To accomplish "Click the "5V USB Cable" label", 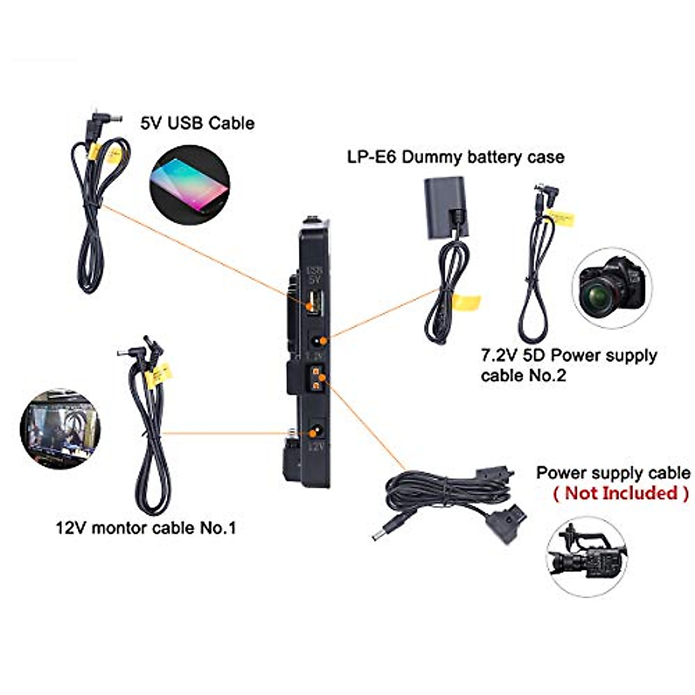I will click(x=197, y=123).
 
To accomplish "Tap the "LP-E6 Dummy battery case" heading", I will click(x=456, y=156).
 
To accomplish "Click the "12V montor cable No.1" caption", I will click(x=145, y=528).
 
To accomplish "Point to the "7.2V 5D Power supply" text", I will click(x=569, y=355).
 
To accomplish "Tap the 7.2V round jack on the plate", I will click(x=316, y=342).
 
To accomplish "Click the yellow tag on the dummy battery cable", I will click(x=467, y=301).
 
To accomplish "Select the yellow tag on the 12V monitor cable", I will click(x=158, y=375).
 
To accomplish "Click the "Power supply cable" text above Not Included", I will click(x=613, y=473).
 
